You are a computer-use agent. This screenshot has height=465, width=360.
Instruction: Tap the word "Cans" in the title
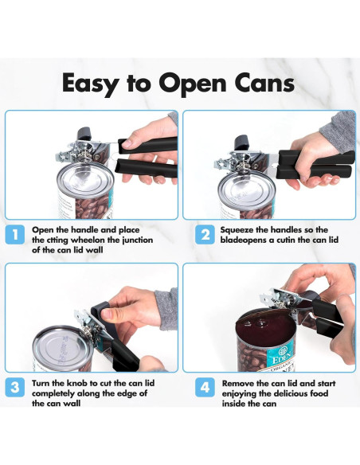point(264,83)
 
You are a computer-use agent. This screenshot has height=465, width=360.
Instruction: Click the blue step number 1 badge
point(14,235)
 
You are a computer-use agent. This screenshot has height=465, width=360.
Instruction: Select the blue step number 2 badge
point(205,235)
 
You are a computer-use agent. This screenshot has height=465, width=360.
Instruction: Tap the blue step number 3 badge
point(14,387)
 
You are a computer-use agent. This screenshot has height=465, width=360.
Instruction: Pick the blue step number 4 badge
point(205,387)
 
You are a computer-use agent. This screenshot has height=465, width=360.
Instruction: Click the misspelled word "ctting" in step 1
point(57,240)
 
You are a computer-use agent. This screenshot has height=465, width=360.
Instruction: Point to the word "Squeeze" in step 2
point(237,230)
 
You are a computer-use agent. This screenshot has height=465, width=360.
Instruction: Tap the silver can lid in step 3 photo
point(63,346)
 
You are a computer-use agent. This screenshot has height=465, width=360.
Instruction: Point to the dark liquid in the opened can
point(266,327)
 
